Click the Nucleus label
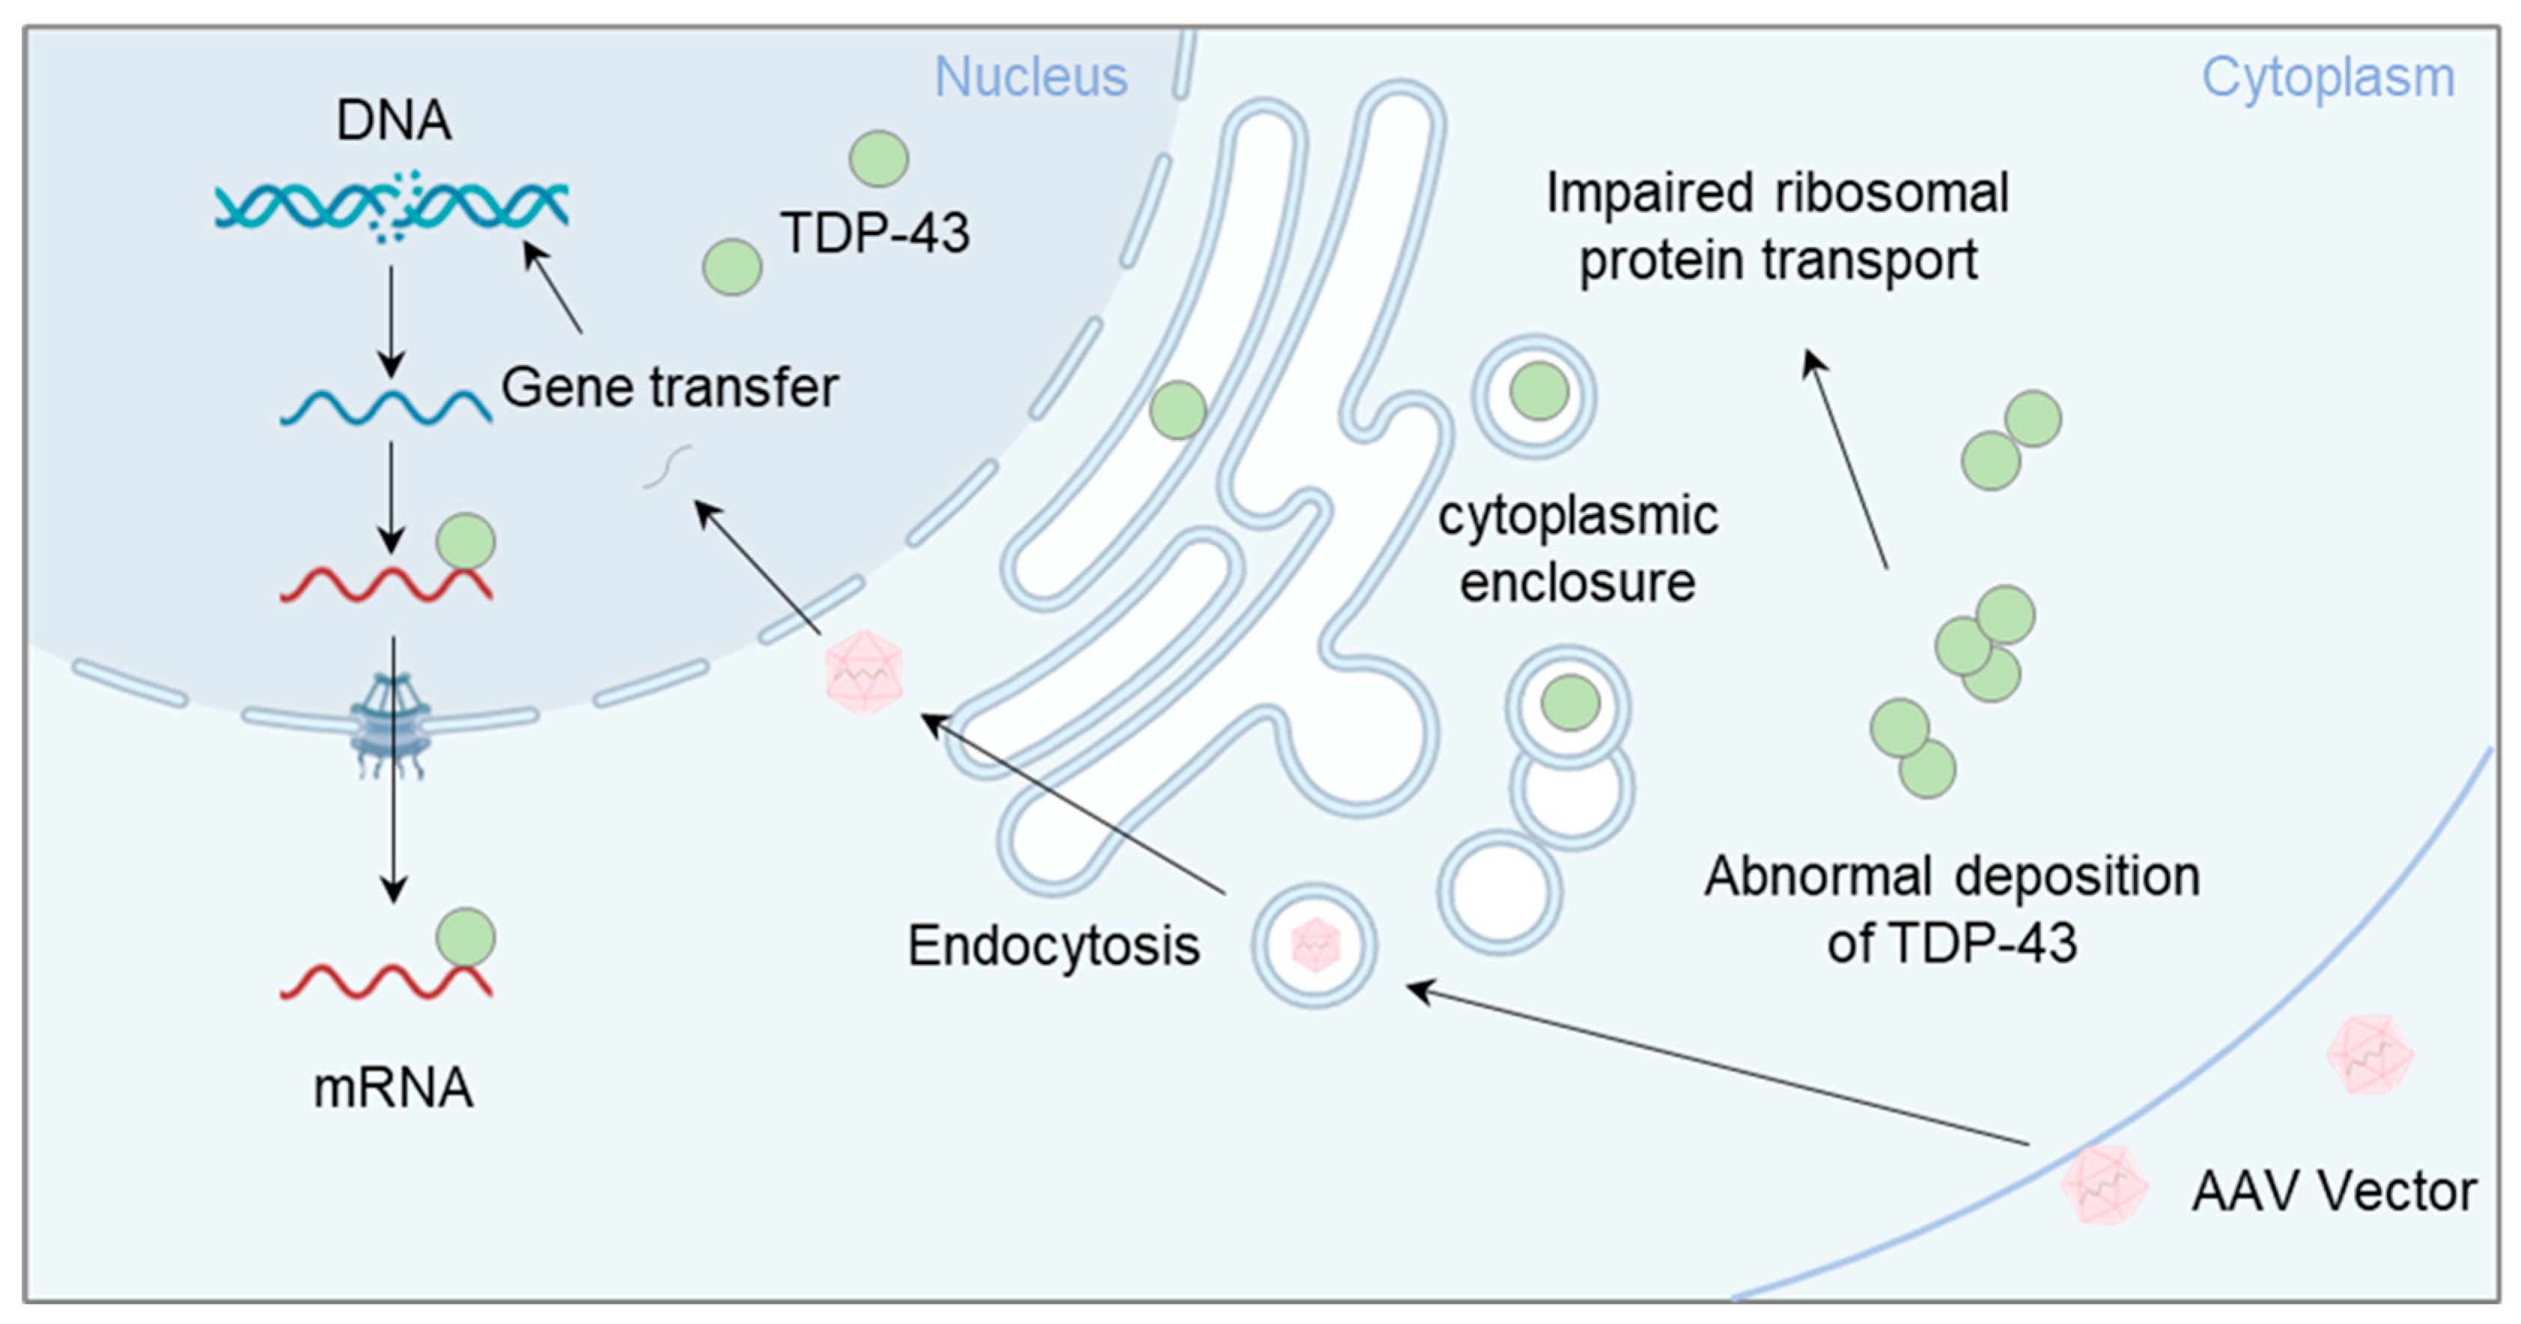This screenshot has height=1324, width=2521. pos(1030,77)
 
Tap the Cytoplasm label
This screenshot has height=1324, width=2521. pos(2327,77)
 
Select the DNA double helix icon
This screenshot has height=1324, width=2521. pos(392,207)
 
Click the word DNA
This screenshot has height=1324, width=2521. pos(393,120)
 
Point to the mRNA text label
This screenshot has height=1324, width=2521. pos(393,1088)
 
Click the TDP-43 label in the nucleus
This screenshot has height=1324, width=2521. pos(874,233)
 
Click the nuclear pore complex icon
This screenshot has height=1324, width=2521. pos(392,724)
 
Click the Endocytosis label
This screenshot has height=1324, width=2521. pos(1053,946)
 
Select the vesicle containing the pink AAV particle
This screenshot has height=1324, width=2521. pos(1314,945)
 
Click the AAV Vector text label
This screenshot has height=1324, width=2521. pos(2334,1192)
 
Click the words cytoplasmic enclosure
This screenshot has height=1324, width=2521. pos(1578,549)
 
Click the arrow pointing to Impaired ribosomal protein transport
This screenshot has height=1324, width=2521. pos(1846,460)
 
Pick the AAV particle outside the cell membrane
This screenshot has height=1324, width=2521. pos(2369,1055)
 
